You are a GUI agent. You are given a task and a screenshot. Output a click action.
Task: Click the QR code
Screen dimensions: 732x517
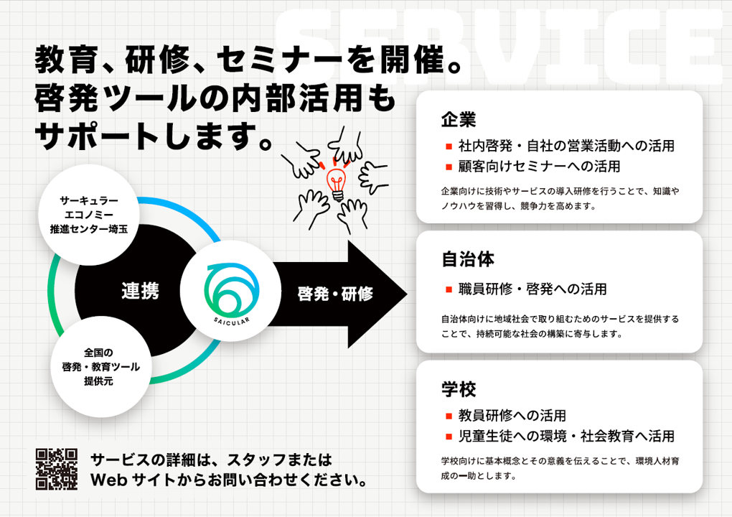pyautogui.click(x=57, y=469)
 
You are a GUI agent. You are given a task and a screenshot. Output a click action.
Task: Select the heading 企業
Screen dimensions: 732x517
pyautogui.click(x=459, y=120)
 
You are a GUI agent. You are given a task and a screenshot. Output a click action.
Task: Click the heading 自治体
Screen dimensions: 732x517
pyautogui.click(x=468, y=259)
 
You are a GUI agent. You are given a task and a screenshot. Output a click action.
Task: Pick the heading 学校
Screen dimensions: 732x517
pyautogui.click(x=459, y=389)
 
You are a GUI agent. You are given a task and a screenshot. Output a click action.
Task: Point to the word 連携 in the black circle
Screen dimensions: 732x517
pyautogui.click(x=140, y=291)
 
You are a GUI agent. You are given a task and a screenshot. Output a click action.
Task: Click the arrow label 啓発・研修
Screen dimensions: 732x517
pyautogui.click(x=335, y=294)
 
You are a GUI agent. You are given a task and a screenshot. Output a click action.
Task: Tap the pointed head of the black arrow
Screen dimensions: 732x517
pyautogui.click(x=407, y=294)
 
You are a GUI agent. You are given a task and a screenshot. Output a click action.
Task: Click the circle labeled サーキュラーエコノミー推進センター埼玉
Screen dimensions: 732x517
pyautogui.click(x=89, y=215)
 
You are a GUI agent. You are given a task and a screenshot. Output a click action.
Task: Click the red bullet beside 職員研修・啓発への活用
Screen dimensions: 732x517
pyautogui.click(x=449, y=289)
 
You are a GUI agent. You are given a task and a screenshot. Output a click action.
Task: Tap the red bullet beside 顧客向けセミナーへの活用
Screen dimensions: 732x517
pyautogui.click(x=449, y=167)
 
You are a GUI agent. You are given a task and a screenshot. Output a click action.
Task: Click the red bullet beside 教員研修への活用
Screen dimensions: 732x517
pyautogui.click(x=449, y=416)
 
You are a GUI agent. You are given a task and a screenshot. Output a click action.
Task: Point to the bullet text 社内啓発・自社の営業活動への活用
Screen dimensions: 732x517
pyautogui.click(x=566, y=146)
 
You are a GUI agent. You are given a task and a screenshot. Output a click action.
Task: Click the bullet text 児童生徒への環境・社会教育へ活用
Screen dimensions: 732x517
pyautogui.click(x=566, y=436)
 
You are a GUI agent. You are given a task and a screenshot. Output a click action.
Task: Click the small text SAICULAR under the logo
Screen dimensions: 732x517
pyautogui.click(x=232, y=322)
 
